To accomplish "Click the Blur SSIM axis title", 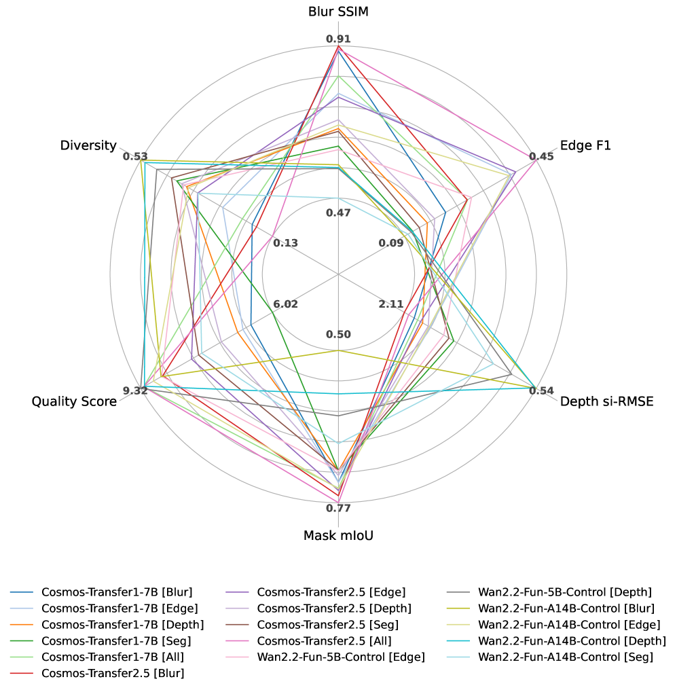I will click(x=338, y=12).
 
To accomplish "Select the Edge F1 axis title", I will click(x=585, y=145).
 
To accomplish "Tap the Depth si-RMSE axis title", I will click(x=606, y=401).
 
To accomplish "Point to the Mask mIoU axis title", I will click(x=338, y=535).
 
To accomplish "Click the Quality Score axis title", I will click(x=74, y=401).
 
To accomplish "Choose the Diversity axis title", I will click(x=88, y=145).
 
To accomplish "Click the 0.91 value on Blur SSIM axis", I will click(x=338, y=39).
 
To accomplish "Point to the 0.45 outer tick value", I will click(x=542, y=157).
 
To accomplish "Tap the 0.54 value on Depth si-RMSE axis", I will click(x=541, y=391).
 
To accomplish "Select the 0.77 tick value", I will click(x=338, y=508).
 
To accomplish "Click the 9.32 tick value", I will click(x=135, y=391).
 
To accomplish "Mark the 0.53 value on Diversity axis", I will click(x=135, y=157).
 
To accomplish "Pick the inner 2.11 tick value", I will click(x=391, y=304).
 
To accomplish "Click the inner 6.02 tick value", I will click(x=285, y=304).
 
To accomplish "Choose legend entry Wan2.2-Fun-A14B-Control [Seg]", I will click(x=565, y=657).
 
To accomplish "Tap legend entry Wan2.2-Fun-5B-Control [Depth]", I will click(x=565, y=592).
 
